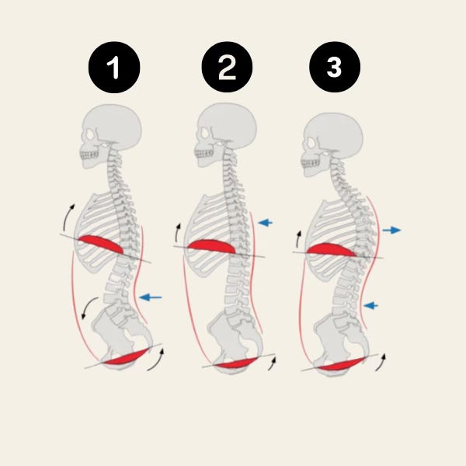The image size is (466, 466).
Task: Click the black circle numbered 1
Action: [x=115, y=68]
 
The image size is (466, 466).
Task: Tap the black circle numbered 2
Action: [x=226, y=68]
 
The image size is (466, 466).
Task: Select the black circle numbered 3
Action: [x=334, y=68]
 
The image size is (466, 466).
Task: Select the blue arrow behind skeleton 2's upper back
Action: [x=265, y=222]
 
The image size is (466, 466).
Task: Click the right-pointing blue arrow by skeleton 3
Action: [x=391, y=230]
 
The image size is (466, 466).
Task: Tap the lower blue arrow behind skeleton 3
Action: [x=371, y=305]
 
